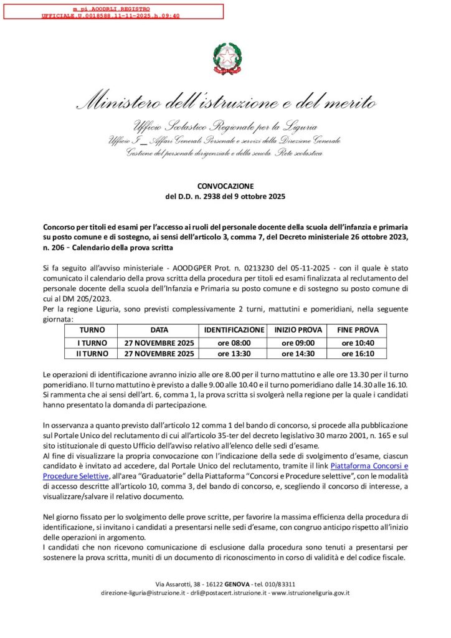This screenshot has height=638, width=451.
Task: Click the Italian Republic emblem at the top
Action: pyautogui.click(x=225, y=59)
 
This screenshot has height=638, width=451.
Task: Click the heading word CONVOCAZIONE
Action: pyautogui.click(x=225, y=186)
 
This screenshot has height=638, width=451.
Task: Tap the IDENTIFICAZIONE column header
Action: pyautogui.click(x=234, y=330)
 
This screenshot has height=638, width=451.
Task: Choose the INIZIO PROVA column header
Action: pyautogui.click(x=298, y=330)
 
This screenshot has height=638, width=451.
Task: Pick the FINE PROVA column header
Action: pyautogui.click(x=358, y=330)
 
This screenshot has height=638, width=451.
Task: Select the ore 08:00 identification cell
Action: pyautogui.click(x=234, y=343)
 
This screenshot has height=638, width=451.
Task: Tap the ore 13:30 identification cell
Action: pyautogui.click(x=234, y=354)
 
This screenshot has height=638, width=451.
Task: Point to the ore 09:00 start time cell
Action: pyautogui.click(x=298, y=343)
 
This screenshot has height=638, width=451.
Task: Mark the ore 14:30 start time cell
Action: pyautogui.click(x=298, y=354)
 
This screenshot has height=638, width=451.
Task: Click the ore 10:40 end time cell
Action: pyautogui.click(x=358, y=343)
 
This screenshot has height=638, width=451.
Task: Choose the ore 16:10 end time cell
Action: pyautogui.click(x=358, y=354)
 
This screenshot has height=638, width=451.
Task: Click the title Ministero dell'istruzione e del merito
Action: pyautogui.click(x=225, y=102)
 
